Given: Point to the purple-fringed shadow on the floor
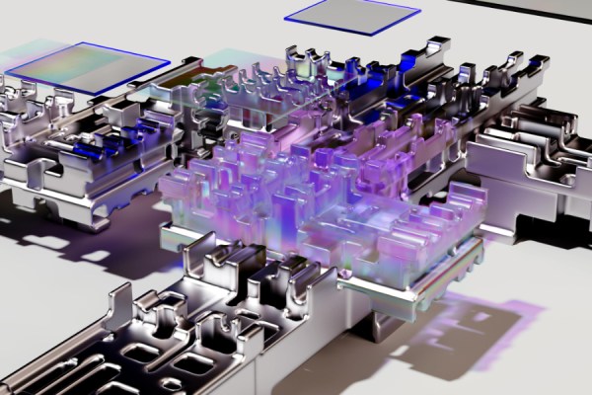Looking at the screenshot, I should (x=474, y=326).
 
